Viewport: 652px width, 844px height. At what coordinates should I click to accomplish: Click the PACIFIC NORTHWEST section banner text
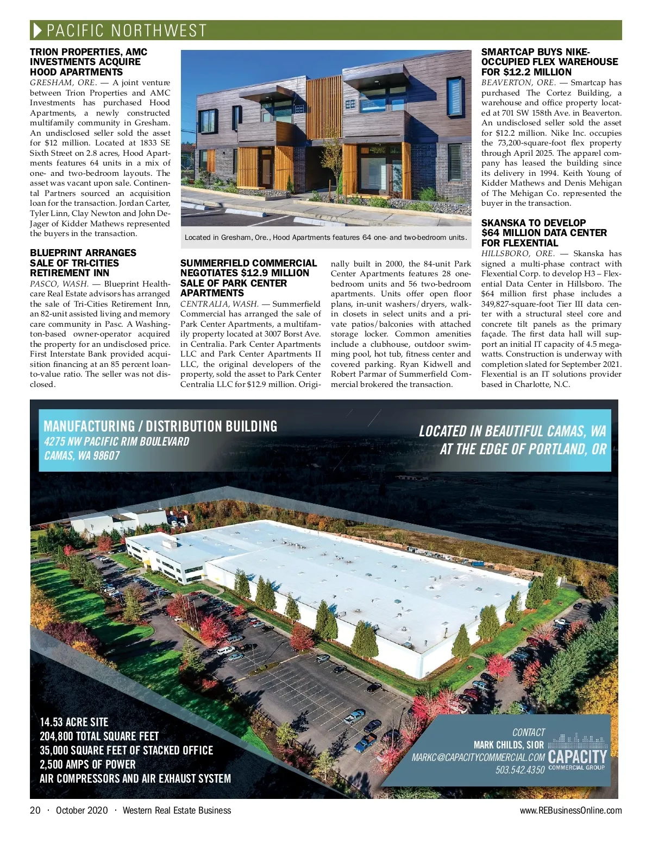[127, 30]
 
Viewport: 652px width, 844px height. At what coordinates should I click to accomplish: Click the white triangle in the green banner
[37, 30]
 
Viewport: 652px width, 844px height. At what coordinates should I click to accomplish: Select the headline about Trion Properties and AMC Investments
[89, 62]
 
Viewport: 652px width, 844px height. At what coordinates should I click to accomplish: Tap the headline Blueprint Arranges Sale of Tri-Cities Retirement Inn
[83, 263]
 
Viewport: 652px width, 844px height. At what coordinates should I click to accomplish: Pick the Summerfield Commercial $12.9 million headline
[248, 278]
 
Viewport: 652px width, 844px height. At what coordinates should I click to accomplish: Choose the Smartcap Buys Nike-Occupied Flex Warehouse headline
[549, 62]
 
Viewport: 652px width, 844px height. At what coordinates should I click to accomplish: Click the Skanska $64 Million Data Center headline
[544, 233]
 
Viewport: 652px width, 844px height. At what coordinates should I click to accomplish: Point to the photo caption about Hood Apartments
[325, 237]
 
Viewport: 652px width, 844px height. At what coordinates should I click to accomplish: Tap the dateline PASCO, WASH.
[59, 284]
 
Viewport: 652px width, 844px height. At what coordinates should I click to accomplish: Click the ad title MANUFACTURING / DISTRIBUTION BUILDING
[160, 426]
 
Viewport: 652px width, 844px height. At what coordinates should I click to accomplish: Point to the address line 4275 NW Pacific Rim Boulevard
[116, 441]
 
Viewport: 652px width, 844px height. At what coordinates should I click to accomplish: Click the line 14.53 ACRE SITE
[74, 722]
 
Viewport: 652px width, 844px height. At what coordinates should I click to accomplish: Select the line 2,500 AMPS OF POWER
[87, 764]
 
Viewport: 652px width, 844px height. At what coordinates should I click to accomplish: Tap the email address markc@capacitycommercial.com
[478, 757]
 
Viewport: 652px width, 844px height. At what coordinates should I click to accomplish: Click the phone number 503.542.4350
[520, 770]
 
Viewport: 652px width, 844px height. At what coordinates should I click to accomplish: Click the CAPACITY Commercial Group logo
[577, 752]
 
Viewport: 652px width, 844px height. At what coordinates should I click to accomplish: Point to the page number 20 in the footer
[35, 810]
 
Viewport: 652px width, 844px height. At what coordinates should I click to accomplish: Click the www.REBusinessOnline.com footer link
[570, 810]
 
